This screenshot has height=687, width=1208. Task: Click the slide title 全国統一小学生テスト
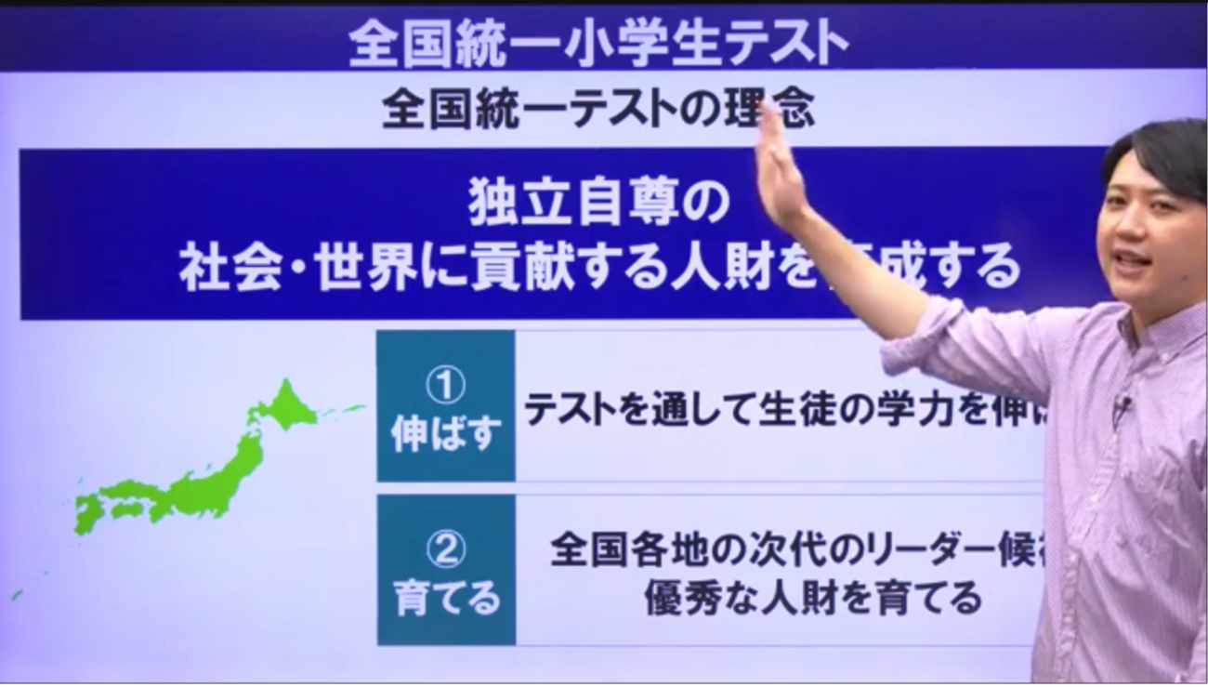[598, 42]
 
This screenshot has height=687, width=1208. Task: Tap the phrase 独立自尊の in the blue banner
[598, 206]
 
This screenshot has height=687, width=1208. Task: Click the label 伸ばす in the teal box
[446, 434]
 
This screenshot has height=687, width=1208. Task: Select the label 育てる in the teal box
[446, 599]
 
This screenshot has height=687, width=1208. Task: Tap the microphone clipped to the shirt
[1122, 404]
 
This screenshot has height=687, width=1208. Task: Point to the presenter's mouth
[1131, 260]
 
